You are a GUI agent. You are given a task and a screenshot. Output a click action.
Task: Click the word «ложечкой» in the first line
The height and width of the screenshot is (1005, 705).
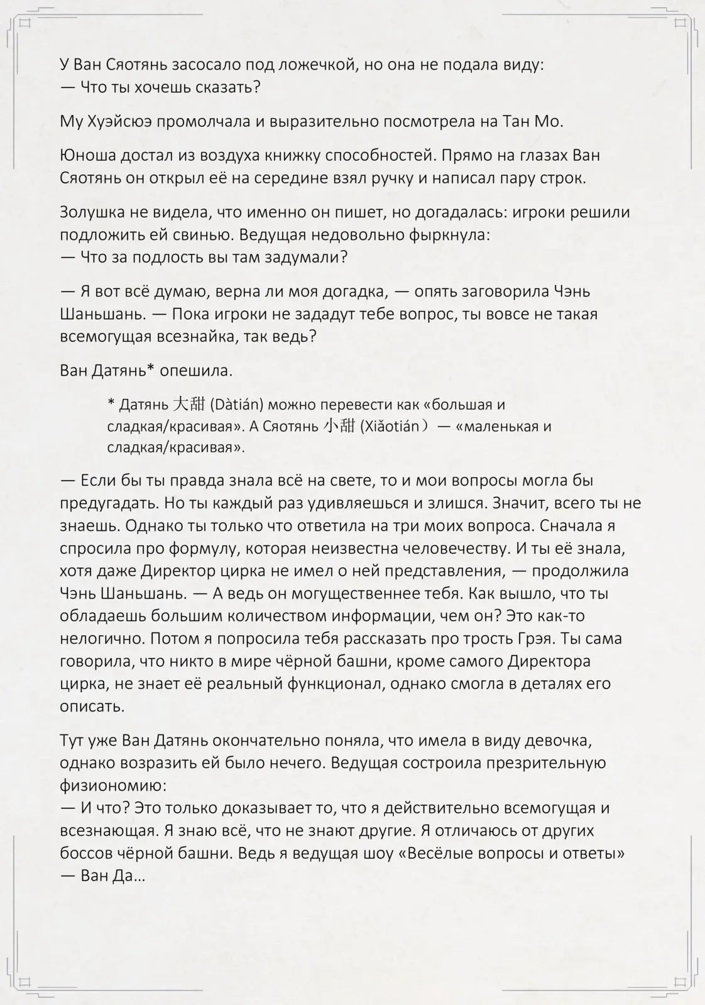[315, 65]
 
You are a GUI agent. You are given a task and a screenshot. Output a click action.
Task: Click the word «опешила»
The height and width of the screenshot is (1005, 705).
[196, 371]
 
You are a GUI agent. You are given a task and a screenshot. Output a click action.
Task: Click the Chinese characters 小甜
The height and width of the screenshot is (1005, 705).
[339, 426]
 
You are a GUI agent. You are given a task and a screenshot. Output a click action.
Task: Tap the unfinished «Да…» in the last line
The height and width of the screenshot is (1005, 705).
[129, 876]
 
